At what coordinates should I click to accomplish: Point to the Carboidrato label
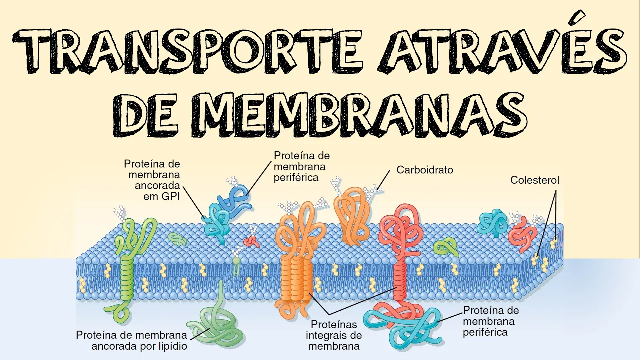(425, 170)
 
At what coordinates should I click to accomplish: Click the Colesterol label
(534, 180)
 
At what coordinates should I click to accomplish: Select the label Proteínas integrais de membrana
(333, 335)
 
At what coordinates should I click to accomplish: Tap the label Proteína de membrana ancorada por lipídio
(132, 340)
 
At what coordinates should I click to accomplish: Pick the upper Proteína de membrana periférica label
(301, 166)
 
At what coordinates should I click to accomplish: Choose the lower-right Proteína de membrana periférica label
(491, 321)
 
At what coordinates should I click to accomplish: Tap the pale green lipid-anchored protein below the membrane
(220, 325)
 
